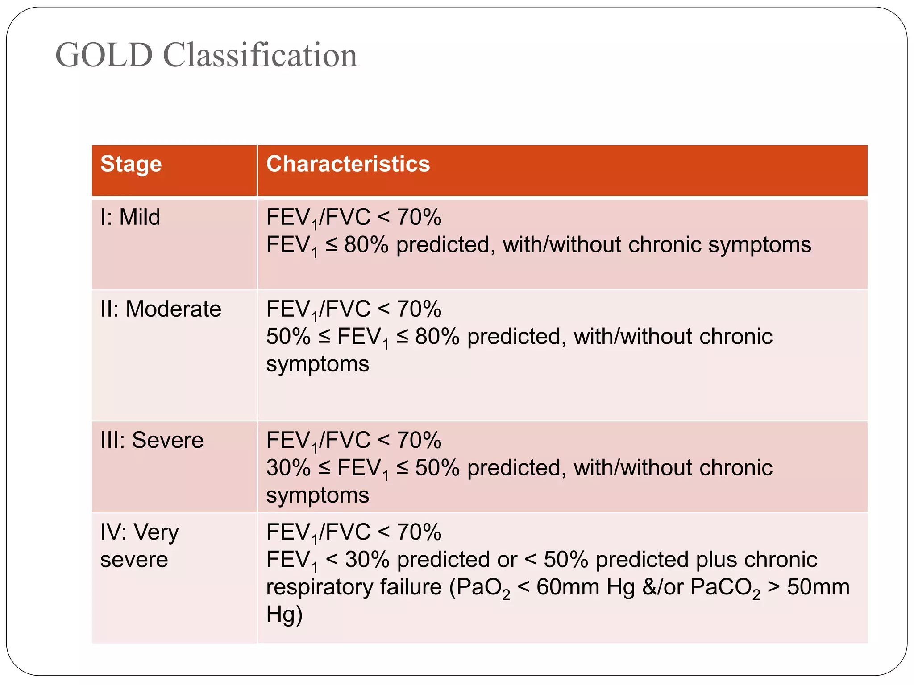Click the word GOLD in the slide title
(x=104, y=55)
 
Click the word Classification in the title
(x=260, y=55)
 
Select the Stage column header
(x=131, y=164)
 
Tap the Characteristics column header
(x=348, y=164)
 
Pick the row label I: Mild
(x=130, y=218)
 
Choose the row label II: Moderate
(x=161, y=309)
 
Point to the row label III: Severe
(x=152, y=441)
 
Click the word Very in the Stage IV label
(x=156, y=532)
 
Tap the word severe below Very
(x=134, y=560)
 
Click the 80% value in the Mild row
(x=366, y=245)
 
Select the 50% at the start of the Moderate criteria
(x=288, y=337)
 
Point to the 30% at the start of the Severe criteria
(x=288, y=468)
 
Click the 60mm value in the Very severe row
(x=568, y=587)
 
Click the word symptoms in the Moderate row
(x=318, y=365)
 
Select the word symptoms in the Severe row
(x=318, y=496)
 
